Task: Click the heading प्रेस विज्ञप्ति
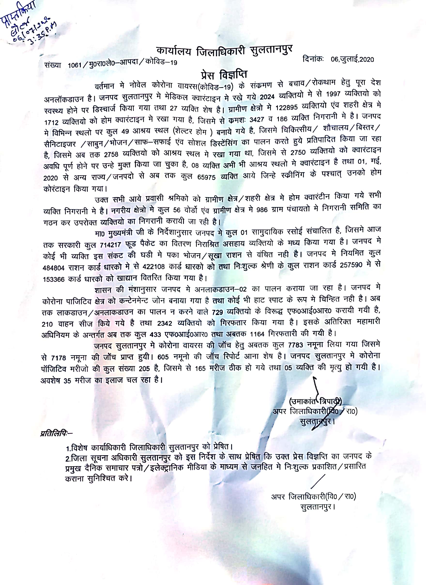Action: (x=224, y=75)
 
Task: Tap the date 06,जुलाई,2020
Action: (x=352, y=60)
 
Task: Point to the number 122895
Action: (x=286, y=108)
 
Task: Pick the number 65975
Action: (x=206, y=177)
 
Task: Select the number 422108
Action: (x=153, y=266)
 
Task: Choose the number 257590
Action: (x=351, y=265)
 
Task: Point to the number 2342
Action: (x=165, y=323)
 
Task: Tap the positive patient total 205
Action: (x=144, y=369)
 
